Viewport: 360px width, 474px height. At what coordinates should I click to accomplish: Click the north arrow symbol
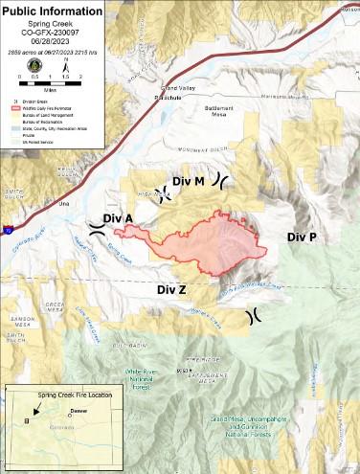click(x=65, y=64)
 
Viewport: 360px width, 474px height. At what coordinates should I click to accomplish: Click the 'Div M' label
click(x=189, y=181)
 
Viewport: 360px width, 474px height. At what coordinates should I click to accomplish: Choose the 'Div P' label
click(x=304, y=236)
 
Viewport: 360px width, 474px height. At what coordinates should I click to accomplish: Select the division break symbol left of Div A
click(x=97, y=226)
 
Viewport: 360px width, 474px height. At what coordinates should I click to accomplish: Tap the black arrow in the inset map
click(x=27, y=418)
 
